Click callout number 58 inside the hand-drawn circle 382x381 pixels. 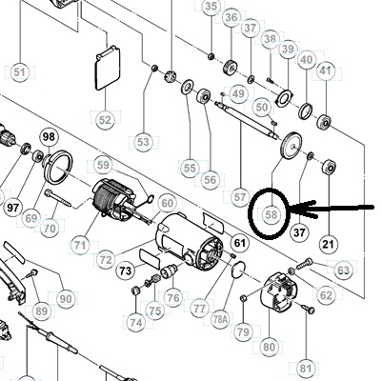click(x=271, y=215)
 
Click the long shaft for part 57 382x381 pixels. click(x=247, y=120)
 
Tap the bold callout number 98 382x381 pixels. click(x=49, y=137)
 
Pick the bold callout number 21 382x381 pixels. click(x=329, y=244)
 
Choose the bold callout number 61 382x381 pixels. click(x=240, y=243)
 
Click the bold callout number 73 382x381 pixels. click(x=126, y=271)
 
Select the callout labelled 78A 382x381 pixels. click(x=220, y=319)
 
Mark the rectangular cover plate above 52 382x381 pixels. click(x=108, y=69)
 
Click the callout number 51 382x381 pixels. click(x=19, y=72)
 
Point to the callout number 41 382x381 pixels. click(x=325, y=70)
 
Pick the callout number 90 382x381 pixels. click(x=65, y=299)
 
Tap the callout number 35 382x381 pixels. click(x=211, y=6)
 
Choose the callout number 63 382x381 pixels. click(x=343, y=271)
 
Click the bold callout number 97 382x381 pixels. click(x=13, y=208)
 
